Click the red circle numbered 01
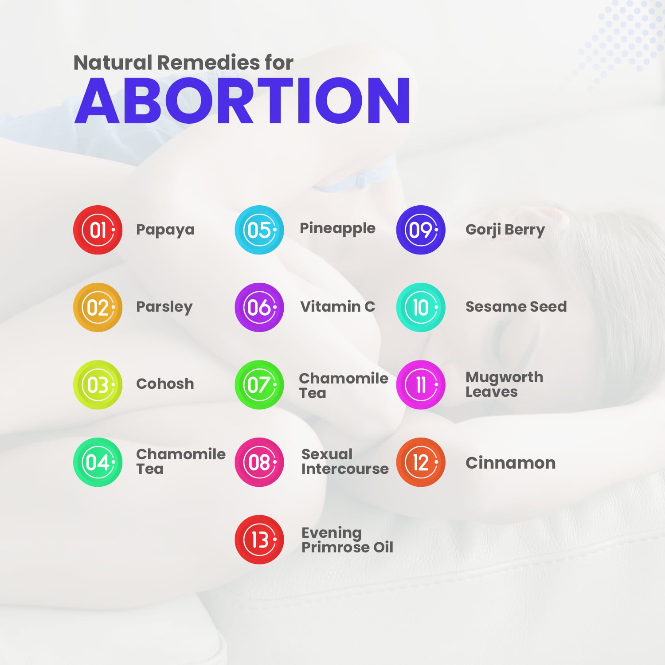(98, 230)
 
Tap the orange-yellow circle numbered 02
(98, 307)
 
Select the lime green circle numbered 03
(98, 385)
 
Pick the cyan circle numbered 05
(259, 230)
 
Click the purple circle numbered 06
(259, 307)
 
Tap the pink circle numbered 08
(259, 462)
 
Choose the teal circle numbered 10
(421, 307)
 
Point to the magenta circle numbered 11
(421, 385)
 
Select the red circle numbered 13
(259, 540)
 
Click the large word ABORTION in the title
(243, 101)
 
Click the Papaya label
(165, 230)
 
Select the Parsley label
(164, 307)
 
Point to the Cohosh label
(165, 383)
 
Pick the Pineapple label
(337, 229)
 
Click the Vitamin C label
(337, 306)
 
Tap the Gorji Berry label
(505, 230)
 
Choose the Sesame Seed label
(516, 306)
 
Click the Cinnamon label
(510, 463)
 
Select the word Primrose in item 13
(335, 548)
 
